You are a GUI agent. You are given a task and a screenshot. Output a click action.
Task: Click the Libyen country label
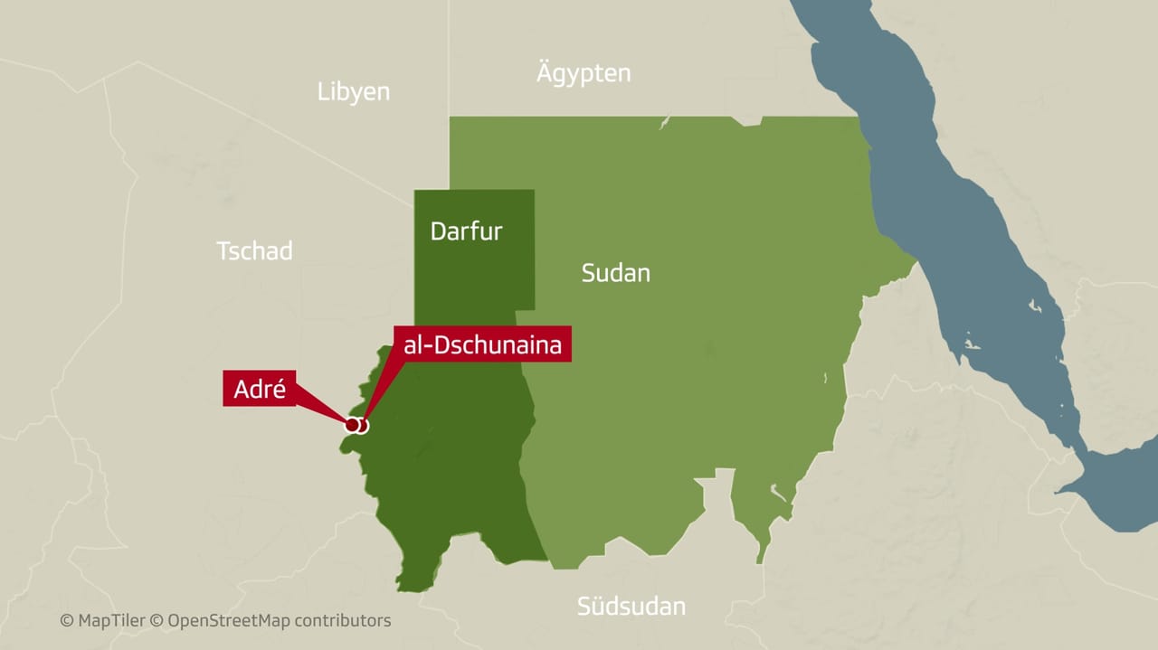[354, 91]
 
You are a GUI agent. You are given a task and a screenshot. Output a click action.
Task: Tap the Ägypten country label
[584, 73]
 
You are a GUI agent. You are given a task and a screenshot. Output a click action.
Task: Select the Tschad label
[254, 250]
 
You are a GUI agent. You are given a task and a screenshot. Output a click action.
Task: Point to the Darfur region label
[466, 231]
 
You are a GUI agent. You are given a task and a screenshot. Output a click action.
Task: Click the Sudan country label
[615, 273]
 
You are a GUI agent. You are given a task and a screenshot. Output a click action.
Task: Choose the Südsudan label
[631, 606]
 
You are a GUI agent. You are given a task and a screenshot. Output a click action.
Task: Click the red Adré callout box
[260, 390]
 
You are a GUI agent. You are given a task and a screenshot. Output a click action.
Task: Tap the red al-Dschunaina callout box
[482, 344]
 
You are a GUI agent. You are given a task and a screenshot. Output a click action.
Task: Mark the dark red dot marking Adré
[352, 424]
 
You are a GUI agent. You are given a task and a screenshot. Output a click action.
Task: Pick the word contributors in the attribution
[343, 621]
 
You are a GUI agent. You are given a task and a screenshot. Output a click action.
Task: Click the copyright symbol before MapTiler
[66, 621]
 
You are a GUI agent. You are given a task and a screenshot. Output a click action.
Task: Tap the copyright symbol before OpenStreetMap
[156, 621]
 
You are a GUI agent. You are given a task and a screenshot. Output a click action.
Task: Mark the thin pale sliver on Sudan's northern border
[664, 122]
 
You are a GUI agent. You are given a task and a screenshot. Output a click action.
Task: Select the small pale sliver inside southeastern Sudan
[777, 492]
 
